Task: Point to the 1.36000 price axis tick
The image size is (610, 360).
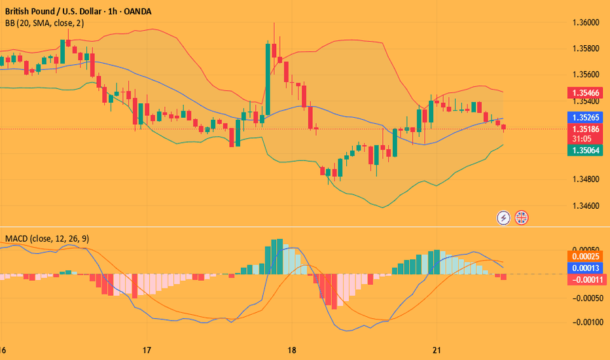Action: tap(582, 22)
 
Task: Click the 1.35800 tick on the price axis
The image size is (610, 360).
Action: tap(582, 48)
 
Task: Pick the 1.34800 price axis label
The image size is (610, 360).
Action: tap(582, 179)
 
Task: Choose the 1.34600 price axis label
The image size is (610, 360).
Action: tap(582, 206)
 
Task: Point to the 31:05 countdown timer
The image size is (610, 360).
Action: tap(583, 139)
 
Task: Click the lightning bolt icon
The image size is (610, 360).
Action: tap(503, 217)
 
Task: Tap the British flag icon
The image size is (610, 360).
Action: tap(522, 217)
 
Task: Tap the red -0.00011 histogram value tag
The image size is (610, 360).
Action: tap(586, 279)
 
